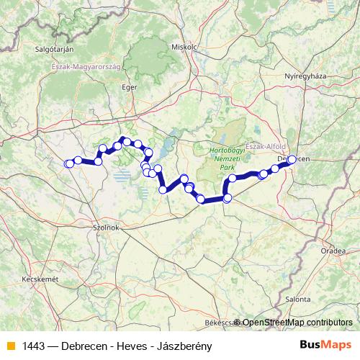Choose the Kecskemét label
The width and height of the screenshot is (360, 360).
point(39,278)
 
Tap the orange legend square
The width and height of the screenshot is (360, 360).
point(10,346)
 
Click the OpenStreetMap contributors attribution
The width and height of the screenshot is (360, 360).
point(297,323)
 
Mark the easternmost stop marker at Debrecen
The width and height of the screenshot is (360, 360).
point(292,160)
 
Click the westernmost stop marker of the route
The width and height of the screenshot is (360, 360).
point(68,163)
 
